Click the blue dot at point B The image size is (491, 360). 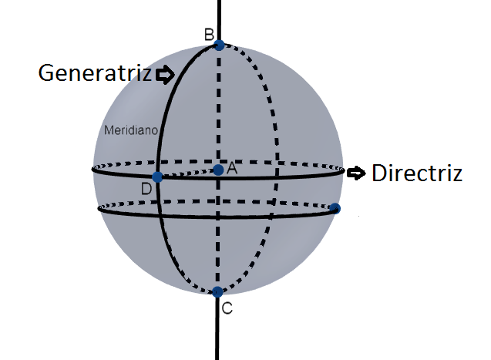pos(220,45)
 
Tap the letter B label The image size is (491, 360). pos(208,34)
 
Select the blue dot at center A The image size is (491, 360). pos(219,170)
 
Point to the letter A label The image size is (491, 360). pos(232,167)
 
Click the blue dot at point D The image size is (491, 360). pos(157,177)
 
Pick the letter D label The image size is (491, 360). pos(146,189)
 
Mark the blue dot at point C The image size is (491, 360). pos(218,291)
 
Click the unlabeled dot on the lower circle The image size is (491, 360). pos(335,208)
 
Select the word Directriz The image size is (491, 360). pos(416,173)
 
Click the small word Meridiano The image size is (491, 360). pos(130,131)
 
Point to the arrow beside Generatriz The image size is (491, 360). pos(165,75)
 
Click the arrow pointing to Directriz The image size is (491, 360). pos(355,173)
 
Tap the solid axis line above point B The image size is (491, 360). pos(220,19)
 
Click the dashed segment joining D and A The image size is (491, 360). pos(187,173)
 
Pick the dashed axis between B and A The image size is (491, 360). pos(220,108)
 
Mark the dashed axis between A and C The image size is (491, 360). pos(219,231)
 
